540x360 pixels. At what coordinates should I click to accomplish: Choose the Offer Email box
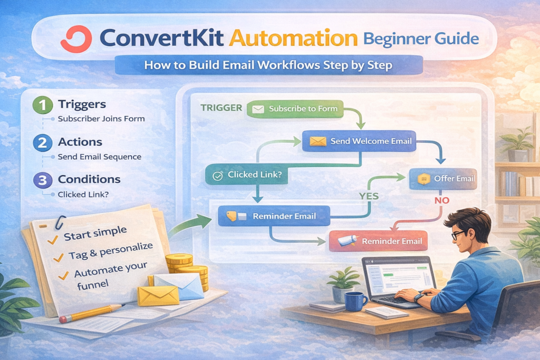point(443,179)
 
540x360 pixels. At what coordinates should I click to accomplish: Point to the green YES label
point(369,196)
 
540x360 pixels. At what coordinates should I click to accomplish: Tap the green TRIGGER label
point(221,108)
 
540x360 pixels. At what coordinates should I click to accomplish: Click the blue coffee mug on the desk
point(355,301)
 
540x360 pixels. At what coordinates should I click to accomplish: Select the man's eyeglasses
point(457,235)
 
